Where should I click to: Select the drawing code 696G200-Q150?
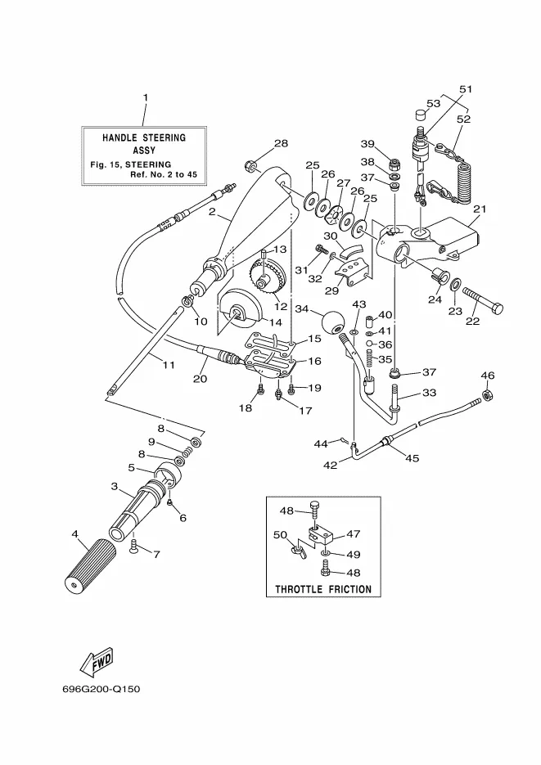pos(101,689)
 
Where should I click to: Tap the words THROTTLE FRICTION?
pos(322,588)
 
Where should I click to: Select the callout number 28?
pos(259,144)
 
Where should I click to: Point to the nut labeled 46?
pos(487,397)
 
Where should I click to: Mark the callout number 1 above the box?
pos(145,98)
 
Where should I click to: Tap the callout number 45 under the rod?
pos(412,458)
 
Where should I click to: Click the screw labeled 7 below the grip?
pos(134,550)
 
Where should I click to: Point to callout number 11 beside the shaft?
pos(167,365)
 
